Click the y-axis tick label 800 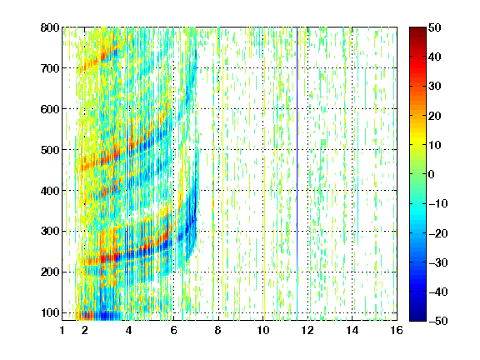point(50,27)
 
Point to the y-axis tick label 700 point(50,68)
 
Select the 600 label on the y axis point(50,109)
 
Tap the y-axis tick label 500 point(50,150)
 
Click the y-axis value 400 point(50,191)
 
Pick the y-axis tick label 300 point(50,232)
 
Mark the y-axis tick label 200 point(50,272)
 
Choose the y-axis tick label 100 point(50,312)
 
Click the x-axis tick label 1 point(62,330)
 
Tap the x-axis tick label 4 point(129,330)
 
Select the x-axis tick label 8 point(218,330)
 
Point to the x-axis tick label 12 point(307,330)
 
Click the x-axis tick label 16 point(397,330)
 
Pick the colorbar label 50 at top point(435,27)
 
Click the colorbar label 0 point(432,174)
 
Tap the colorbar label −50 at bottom point(438,321)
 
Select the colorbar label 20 point(435,116)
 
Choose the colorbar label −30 point(438,262)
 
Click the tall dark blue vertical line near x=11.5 point(297,174)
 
